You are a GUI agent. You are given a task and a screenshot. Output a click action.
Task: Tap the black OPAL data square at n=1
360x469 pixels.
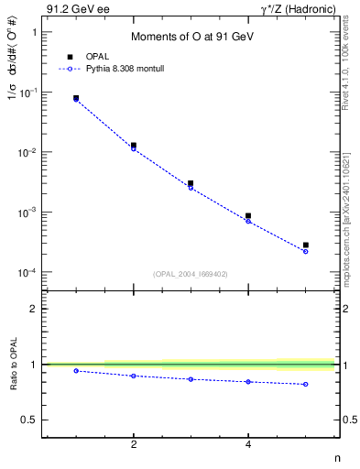click(76, 97)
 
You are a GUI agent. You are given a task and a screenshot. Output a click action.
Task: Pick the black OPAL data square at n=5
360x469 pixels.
click(306, 245)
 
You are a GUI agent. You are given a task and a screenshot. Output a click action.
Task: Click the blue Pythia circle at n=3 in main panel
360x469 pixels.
click(191, 188)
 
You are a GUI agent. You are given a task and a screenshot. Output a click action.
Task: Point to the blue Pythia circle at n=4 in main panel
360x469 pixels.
click(248, 221)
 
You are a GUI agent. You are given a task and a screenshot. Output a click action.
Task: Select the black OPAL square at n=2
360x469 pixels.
click(134, 145)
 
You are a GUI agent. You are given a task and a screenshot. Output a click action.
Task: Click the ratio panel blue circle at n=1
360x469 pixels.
click(76, 371)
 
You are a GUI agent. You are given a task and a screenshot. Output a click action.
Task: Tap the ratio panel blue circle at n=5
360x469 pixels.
click(306, 384)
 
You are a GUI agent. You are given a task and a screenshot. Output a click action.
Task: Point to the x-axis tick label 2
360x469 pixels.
click(134, 444)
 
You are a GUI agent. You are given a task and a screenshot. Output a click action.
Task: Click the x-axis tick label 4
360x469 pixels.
click(248, 444)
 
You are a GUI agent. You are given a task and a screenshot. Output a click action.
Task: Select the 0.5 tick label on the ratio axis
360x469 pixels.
click(28, 420)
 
